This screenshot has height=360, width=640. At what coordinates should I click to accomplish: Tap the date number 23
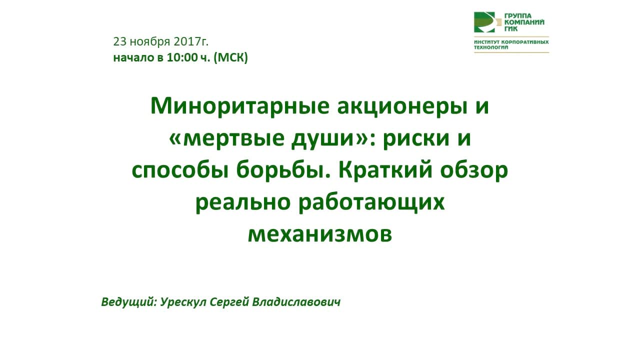point(120,41)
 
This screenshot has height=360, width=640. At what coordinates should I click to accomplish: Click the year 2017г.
point(191,41)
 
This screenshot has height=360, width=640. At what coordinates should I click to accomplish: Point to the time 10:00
point(182,58)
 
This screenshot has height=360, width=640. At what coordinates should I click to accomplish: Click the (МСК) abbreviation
point(230,58)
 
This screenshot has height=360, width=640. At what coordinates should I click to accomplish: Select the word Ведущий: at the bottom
point(128,302)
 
